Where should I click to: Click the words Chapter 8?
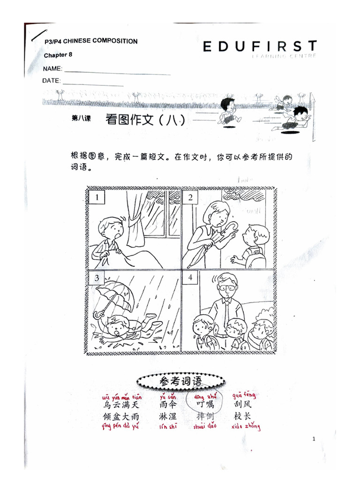tap(58, 55)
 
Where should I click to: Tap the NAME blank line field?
tap(117, 73)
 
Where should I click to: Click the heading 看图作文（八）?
tap(145, 120)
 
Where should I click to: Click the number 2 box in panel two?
tap(191, 198)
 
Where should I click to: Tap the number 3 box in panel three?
tap(97, 278)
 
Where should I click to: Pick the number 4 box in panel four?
tap(191, 277)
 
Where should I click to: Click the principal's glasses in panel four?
tap(227, 287)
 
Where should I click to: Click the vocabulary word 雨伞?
tap(168, 404)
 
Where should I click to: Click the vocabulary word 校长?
tap(243, 416)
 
